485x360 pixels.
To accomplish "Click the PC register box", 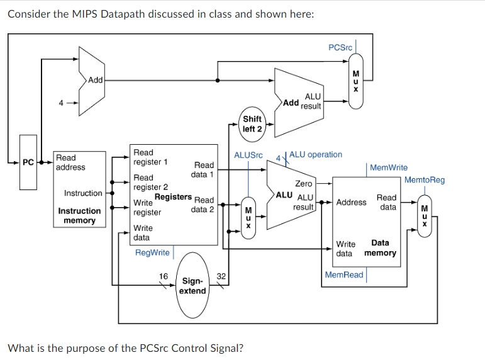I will [x=28, y=162].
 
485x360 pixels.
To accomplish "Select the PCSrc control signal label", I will [x=340, y=48].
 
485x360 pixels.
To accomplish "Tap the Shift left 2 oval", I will [x=252, y=123].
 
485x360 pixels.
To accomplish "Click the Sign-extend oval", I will [x=192, y=285].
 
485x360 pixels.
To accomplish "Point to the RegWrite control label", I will [x=152, y=252].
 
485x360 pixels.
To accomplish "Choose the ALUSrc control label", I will [x=248, y=155].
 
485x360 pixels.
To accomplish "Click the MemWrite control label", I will [x=388, y=167].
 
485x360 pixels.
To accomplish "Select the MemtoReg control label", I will [x=424, y=180].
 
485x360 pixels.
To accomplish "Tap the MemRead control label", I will [x=344, y=275].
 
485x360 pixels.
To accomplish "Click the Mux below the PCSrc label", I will [x=355, y=80].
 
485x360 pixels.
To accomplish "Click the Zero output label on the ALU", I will [x=303, y=184].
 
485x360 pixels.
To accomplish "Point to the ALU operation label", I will [x=316, y=154].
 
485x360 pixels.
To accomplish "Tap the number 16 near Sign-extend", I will [x=163, y=276].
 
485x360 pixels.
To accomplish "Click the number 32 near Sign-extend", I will [x=221, y=276].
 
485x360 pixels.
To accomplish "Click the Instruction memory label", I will [x=79, y=216].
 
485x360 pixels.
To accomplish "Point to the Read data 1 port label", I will [x=203, y=169].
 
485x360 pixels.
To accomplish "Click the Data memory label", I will [x=380, y=248].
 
